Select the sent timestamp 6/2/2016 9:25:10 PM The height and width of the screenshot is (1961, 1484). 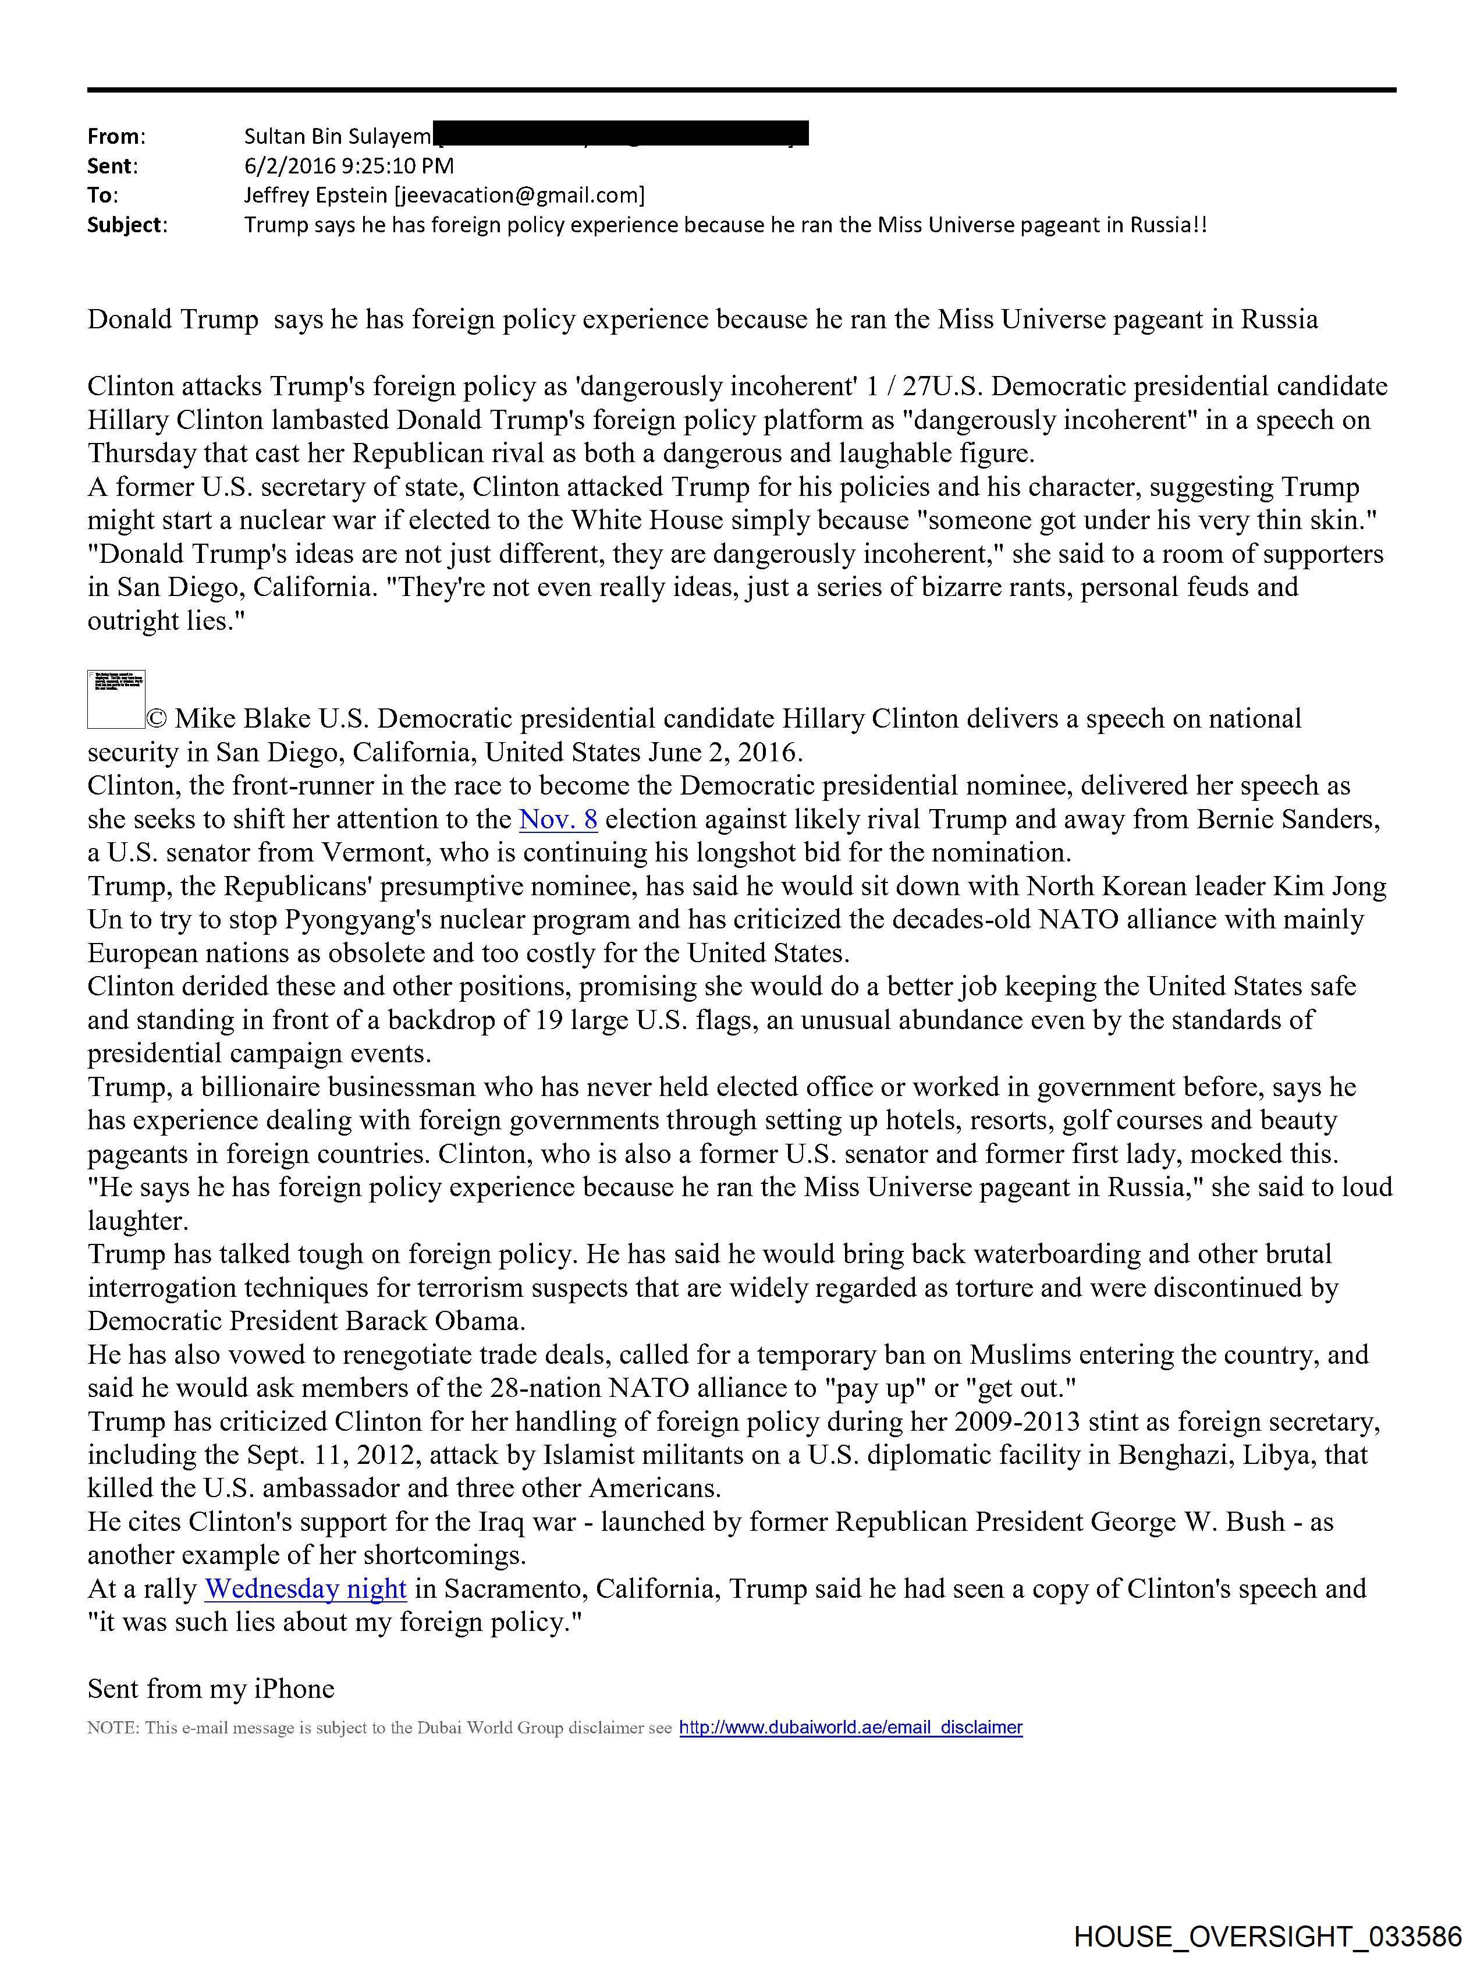click(349, 166)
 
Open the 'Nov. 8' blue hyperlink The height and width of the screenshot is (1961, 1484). click(558, 819)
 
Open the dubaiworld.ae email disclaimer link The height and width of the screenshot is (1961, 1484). click(850, 1727)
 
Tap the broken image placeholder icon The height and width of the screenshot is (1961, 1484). click(116, 700)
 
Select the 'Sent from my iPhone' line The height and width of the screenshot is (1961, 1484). click(211, 1689)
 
